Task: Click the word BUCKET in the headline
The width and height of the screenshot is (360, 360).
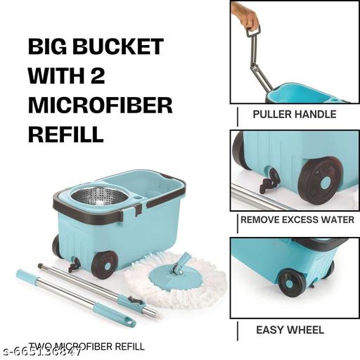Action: click(x=126, y=48)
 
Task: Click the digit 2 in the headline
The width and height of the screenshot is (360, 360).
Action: click(x=117, y=76)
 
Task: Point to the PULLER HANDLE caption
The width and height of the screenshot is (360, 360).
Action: click(x=295, y=114)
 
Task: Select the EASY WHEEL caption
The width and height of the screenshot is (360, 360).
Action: click(x=290, y=329)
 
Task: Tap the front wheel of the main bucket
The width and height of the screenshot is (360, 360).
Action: click(x=104, y=264)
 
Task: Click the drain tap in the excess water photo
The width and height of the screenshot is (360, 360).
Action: click(x=269, y=181)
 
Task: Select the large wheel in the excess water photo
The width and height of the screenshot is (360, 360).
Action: click(x=320, y=179)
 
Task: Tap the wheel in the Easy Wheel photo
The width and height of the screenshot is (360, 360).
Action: click(x=291, y=282)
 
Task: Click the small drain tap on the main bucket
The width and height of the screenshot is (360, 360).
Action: click(x=72, y=266)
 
